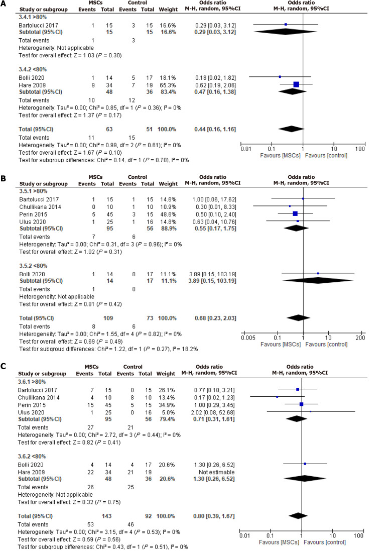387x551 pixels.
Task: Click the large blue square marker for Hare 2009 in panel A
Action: pyautogui.click(x=296, y=84)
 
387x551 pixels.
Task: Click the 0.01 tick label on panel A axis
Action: pyautogui.click(x=246, y=150)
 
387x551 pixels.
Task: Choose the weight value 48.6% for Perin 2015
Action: pyautogui.click(x=167, y=213)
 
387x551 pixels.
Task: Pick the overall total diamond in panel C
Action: pyautogui.click(x=297, y=515)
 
